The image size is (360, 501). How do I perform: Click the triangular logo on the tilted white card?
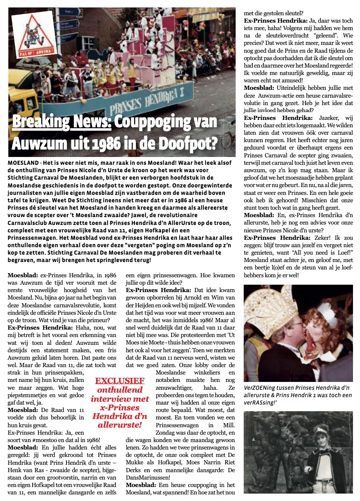coord(34,35)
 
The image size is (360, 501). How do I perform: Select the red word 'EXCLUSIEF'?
coord(120,380)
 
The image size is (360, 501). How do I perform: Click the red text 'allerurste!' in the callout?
coord(120,425)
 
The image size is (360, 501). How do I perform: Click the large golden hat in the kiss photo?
coord(272,309)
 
